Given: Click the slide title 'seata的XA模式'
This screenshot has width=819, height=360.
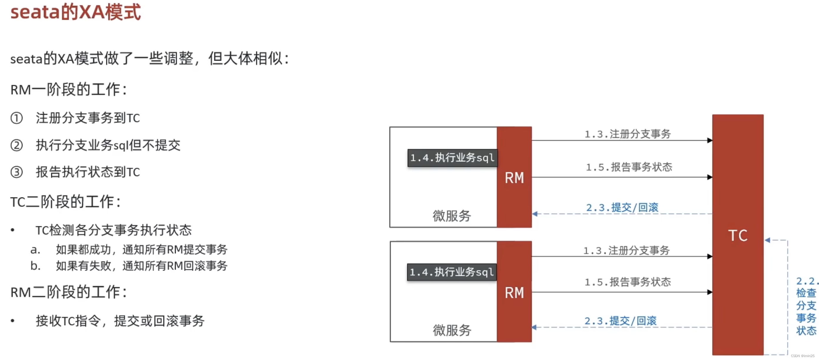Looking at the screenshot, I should point(75,12).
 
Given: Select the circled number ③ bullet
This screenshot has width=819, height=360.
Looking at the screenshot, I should point(16,172).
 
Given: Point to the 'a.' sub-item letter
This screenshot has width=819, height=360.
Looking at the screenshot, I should point(35,250).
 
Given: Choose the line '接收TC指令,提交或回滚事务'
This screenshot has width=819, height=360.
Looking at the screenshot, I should point(120,321).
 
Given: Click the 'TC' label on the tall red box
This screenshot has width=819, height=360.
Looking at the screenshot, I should point(738,236).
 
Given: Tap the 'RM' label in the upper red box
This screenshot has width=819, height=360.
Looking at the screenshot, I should point(514,178).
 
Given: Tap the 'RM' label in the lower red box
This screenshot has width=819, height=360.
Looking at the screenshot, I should point(514,293).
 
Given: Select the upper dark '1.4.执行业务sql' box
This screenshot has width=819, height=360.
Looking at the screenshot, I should point(452,158).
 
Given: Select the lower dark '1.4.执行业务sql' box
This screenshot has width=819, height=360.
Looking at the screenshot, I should point(452,272).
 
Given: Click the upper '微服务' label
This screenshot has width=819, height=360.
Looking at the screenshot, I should point(452,216).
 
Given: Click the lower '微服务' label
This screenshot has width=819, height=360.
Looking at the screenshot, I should point(452,331).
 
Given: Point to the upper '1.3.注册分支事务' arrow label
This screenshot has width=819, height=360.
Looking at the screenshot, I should point(628,134).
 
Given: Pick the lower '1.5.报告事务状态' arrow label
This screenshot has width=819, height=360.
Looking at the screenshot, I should point(628,282).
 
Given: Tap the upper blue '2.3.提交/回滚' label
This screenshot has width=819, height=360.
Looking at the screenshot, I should point(622,208).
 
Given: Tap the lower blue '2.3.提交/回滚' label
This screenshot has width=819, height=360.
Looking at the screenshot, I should point(620,321).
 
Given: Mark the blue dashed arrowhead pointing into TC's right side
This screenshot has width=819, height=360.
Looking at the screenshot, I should point(767,240).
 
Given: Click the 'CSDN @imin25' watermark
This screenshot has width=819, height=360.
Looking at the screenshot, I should point(803,356).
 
